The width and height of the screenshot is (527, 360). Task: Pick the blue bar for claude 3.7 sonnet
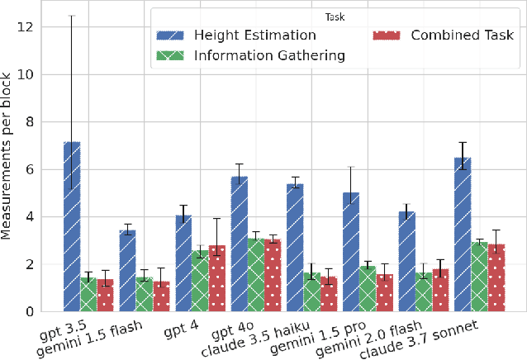(x=463, y=234)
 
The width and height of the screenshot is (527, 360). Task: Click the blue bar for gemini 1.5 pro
(x=351, y=252)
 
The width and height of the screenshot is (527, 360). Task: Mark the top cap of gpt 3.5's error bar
(x=72, y=16)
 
